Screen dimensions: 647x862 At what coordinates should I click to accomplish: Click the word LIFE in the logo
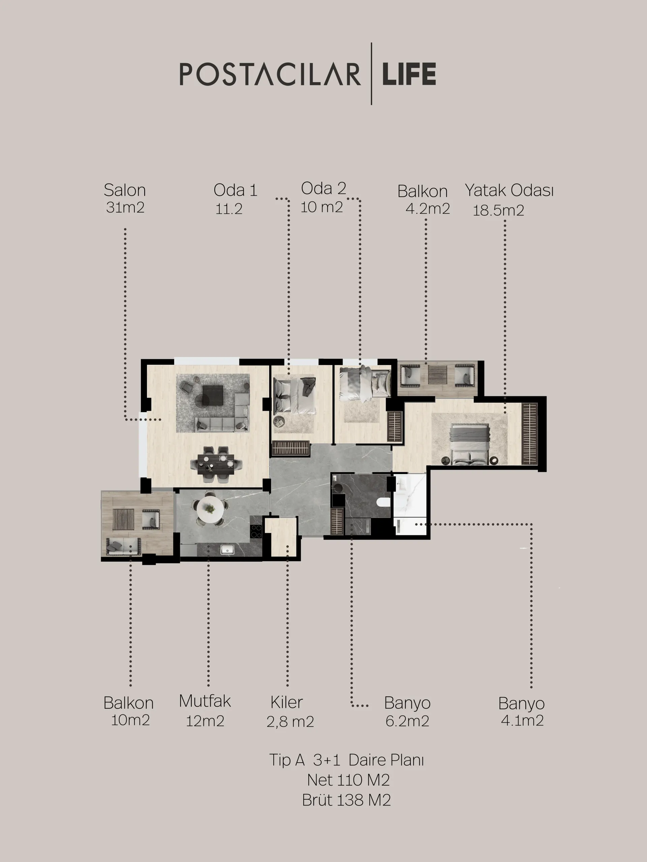409,74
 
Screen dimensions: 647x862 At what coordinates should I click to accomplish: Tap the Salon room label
125,190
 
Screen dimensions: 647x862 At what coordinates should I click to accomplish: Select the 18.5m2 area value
498,210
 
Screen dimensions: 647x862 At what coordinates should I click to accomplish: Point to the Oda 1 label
236,190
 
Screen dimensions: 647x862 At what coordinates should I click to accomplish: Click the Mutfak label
205,701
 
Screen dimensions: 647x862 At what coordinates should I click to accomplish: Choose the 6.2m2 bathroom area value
407,721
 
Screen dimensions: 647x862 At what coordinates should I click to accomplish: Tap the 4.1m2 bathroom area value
522,720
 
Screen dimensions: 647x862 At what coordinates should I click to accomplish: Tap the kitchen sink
226,550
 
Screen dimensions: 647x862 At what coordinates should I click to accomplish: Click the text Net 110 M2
348,780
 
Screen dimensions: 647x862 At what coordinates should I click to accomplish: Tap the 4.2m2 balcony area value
428,209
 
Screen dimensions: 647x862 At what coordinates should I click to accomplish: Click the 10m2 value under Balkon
130,720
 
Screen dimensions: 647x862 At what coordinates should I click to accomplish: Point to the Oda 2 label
324,188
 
